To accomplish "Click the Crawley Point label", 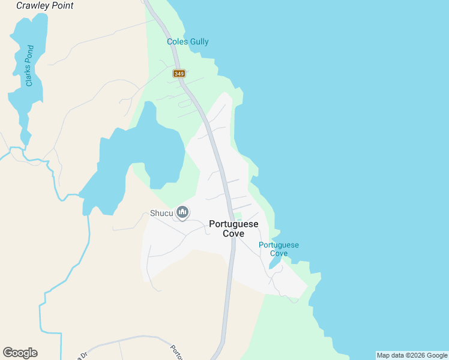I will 45,5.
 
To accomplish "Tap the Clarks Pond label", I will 29,66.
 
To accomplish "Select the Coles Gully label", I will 188,42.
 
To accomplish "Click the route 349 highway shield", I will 179,73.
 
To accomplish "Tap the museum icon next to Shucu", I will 183,212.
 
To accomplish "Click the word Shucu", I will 161,212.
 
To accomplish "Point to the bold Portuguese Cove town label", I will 234,229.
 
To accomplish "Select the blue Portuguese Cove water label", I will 279,249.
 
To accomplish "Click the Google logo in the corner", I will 20,353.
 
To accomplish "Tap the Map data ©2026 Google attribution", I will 412,355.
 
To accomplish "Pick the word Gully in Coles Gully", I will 197,42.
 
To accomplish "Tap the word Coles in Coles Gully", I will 177,42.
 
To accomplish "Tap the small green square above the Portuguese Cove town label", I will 238,216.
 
